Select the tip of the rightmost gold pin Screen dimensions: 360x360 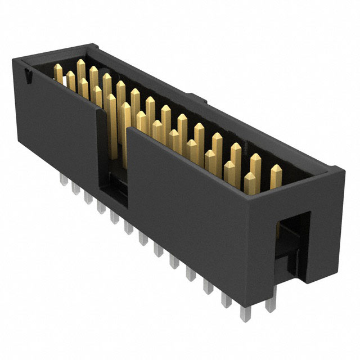tap(276, 169)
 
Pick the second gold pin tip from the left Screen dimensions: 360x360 tap(70, 74)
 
